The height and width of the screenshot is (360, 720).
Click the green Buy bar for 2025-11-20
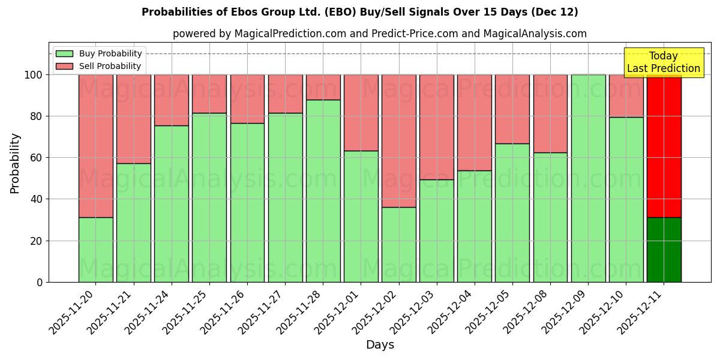[95, 250]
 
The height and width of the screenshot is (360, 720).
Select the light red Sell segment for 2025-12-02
[398, 140]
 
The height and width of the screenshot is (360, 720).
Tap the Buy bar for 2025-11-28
[323, 191]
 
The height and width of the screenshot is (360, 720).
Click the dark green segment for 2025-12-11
[664, 250]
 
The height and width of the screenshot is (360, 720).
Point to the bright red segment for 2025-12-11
[664, 146]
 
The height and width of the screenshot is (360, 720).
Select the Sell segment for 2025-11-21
[133, 119]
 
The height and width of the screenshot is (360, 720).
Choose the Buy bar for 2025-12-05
[512, 212]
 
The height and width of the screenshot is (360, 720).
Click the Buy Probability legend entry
[99, 53]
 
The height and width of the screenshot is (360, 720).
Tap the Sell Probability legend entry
[99, 66]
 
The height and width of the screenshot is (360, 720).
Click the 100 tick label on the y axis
[33, 75]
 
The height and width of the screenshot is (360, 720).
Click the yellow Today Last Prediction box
[663, 62]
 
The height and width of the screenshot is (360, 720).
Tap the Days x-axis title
[380, 345]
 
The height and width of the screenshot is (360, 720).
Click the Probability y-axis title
[15, 163]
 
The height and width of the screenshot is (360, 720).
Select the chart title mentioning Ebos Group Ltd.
[360, 12]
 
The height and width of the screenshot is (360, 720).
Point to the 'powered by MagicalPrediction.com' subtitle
[380, 34]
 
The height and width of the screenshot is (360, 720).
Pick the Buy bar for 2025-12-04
[474, 226]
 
